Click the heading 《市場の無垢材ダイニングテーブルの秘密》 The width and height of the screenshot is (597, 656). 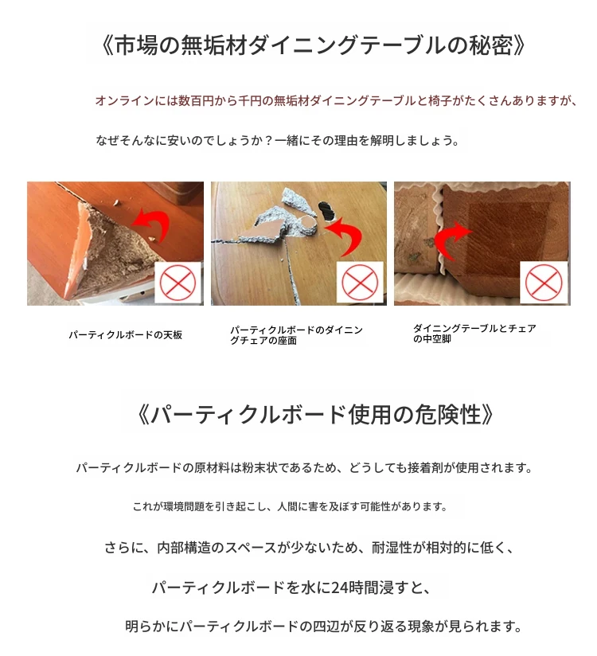314,45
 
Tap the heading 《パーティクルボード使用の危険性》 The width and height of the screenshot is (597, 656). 315,415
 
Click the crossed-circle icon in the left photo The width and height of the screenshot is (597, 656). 178,283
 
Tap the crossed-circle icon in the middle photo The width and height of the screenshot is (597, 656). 360,283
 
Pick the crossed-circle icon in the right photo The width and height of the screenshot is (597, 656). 544,283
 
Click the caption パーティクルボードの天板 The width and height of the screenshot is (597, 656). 126,335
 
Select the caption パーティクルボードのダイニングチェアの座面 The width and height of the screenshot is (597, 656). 296,335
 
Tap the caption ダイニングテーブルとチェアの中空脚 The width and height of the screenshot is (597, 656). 474,334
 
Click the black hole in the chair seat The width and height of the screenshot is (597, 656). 327,211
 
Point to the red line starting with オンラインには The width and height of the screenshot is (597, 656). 337,101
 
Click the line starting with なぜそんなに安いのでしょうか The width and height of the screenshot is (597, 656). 277,140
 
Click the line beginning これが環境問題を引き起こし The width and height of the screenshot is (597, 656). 290,506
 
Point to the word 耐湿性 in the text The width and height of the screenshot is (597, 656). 392,547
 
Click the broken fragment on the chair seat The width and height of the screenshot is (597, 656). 260,231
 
